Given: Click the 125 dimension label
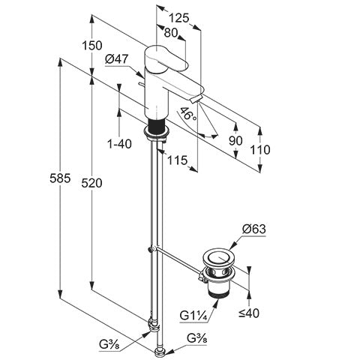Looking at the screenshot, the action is [178, 18].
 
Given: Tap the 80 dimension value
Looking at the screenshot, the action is [171, 33].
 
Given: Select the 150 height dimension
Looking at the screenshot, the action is [92, 46].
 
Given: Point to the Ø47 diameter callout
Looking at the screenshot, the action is [117, 59].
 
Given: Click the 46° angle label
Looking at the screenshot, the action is [187, 115].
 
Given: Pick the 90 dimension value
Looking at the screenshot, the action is [235, 141].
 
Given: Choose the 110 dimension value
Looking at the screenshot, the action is [260, 150].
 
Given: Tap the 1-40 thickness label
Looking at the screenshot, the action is [119, 144].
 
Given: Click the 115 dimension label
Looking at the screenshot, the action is [177, 160].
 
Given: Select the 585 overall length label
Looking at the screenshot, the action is [60, 178].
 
